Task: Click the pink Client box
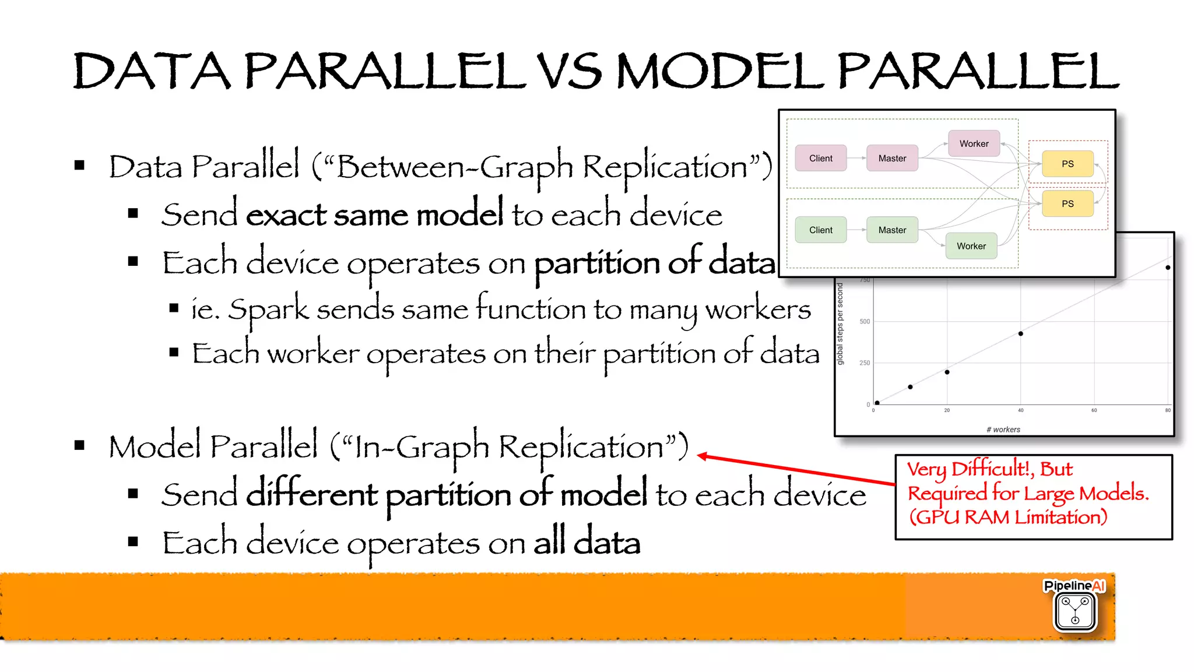coord(820,158)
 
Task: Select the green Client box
coord(820,230)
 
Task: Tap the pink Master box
coord(892,158)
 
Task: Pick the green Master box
coord(892,230)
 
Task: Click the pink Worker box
coord(974,143)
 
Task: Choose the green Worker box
coord(971,246)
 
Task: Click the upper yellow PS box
coord(1067,164)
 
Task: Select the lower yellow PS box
coord(1067,203)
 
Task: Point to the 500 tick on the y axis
coord(865,321)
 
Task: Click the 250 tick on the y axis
coord(865,363)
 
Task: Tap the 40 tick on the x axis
coord(1020,410)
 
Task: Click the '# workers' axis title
coord(1003,430)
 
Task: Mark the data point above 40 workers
coord(1020,334)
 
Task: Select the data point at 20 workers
coord(947,372)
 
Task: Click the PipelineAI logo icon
coord(1075,610)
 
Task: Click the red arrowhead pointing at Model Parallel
coord(703,456)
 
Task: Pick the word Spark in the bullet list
coord(268,309)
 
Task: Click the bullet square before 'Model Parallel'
coord(80,446)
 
